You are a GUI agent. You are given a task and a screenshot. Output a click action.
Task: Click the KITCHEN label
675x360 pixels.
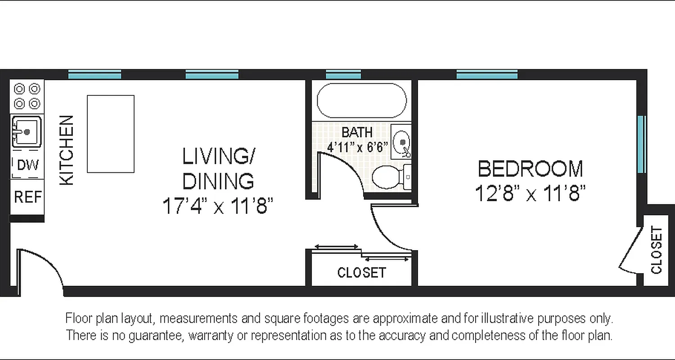point(67,150)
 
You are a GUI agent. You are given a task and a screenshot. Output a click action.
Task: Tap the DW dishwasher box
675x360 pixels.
point(27,165)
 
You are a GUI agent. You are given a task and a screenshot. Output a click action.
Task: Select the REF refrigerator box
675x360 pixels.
point(27,197)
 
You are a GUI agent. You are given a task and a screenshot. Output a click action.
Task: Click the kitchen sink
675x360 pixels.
point(27,132)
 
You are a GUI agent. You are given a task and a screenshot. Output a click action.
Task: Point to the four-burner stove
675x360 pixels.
point(27,96)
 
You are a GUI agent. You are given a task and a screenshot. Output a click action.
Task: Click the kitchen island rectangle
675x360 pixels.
point(110,134)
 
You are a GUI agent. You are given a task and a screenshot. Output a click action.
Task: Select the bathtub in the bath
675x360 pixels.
point(362,101)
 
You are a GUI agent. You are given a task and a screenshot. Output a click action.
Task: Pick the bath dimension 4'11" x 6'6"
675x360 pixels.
point(357,147)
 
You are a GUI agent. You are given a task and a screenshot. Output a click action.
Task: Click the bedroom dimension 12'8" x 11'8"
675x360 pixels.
point(530,194)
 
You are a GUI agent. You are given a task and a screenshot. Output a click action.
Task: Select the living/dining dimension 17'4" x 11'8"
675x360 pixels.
point(218,207)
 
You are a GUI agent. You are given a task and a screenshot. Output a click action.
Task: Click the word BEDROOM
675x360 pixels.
point(530,169)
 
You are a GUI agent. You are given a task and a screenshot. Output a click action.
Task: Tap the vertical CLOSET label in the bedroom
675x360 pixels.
point(657,250)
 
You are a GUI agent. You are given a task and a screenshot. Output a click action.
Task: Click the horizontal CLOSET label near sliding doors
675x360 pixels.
point(361,273)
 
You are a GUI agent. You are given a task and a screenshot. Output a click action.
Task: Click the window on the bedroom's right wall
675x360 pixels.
point(642,144)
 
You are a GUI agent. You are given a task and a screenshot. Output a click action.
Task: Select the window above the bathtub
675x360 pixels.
point(343,75)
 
